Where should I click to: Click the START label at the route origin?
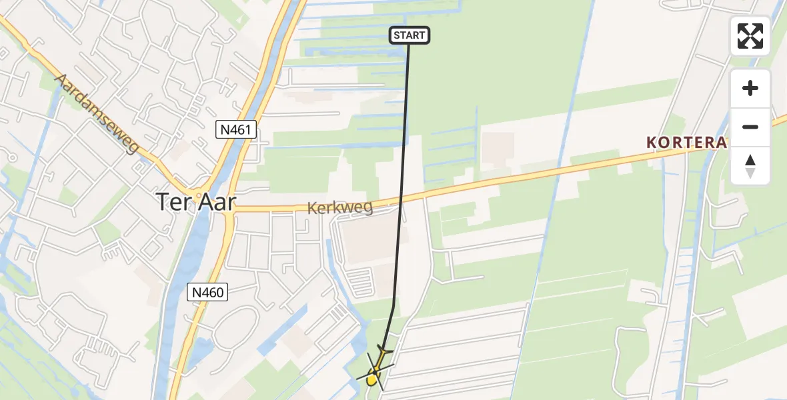[410, 35]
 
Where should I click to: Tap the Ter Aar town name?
[195, 201]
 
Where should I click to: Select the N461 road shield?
[236, 129]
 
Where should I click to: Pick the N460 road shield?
[207, 291]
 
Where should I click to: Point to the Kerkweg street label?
[340, 208]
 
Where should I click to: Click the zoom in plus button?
[750, 88]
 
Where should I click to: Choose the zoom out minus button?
[750, 127]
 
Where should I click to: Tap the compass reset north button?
[750, 165]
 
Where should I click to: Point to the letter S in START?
[397, 35]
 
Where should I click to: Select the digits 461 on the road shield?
[240, 129]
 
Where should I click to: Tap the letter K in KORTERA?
[651, 143]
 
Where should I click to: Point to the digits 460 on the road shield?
[211, 291]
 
